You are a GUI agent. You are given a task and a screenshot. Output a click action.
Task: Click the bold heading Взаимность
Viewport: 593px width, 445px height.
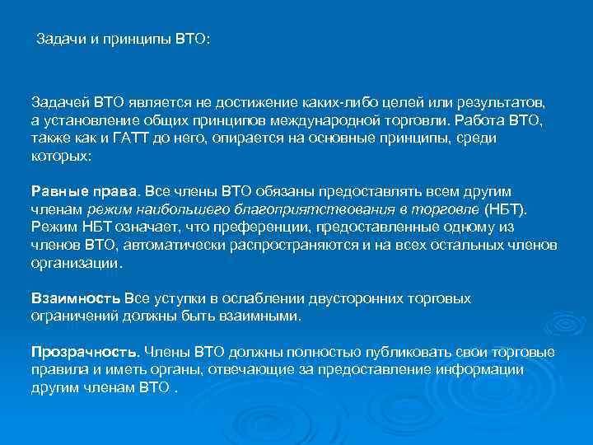[x=75, y=297]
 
